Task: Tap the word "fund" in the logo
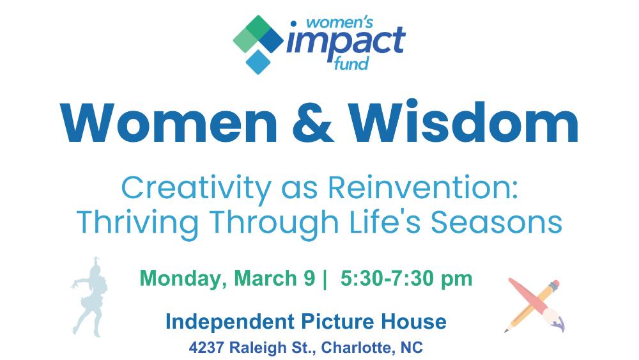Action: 351,63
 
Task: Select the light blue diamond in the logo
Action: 258,61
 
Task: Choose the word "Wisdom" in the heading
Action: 463,121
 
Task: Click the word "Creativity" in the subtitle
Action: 196,189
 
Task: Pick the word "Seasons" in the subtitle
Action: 497,223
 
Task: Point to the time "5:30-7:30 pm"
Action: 406,278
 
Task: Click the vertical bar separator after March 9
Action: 325,279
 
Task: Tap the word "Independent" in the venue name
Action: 230,322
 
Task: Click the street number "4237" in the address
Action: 206,348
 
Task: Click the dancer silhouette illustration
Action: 90,297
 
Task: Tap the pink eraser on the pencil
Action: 554,285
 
